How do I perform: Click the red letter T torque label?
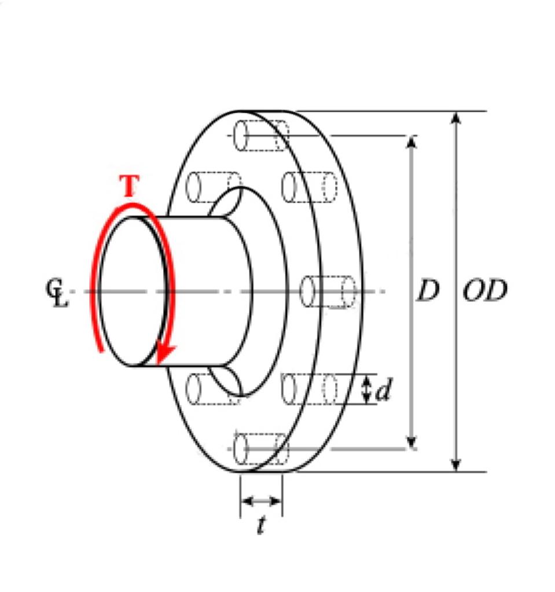pyautogui.click(x=130, y=186)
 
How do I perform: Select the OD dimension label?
pyautogui.click(x=484, y=291)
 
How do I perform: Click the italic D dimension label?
pyautogui.click(x=428, y=291)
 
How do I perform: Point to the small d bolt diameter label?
pyautogui.click(x=383, y=392)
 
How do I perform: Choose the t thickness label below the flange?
pyautogui.click(x=261, y=525)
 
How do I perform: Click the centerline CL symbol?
pyautogui.click(x=57, y=292)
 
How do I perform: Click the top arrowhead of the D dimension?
pyautogui.click(x=411, y=142)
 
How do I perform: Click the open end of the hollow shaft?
pyautogui.click(x=133, y=291)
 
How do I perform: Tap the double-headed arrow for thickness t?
pyautogui.click(x=261, y=501)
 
